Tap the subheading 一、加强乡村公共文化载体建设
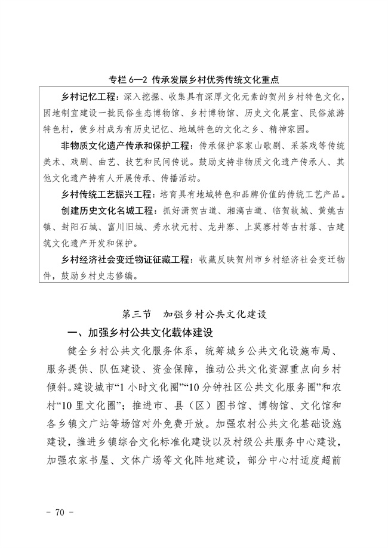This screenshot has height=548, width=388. point(140,332)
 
